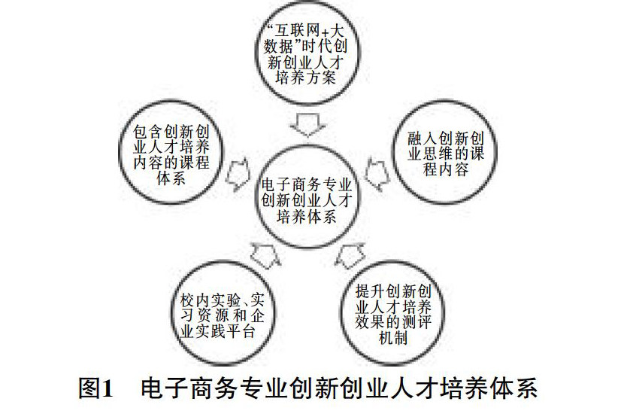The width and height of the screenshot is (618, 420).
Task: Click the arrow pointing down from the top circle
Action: [307, 124]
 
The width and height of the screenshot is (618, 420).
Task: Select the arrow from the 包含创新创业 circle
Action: [238, 175]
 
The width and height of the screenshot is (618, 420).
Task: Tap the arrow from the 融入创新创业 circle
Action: [377, 174]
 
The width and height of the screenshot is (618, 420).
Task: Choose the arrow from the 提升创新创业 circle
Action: [350, 256]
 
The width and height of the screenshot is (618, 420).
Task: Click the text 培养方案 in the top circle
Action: [306, 78]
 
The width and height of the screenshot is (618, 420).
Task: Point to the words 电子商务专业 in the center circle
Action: [307, 184]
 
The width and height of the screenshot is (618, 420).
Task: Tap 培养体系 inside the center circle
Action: [307, 216]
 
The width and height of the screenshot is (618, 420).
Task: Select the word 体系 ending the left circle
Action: [171, 178]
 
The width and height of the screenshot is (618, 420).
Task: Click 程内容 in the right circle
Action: [446, 169]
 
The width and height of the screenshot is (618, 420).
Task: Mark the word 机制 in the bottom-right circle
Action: [393, 338]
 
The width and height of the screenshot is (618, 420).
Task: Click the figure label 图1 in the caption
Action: [95, 388]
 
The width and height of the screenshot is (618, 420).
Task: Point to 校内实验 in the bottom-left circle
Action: [211, 300]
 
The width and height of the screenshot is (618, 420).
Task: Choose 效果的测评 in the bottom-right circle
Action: [393, 322]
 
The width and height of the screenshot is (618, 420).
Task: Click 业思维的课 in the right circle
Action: [446, 154]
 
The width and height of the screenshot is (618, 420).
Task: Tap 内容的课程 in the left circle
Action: [171, 163]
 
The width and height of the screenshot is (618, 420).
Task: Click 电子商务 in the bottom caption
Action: [189, 388]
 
